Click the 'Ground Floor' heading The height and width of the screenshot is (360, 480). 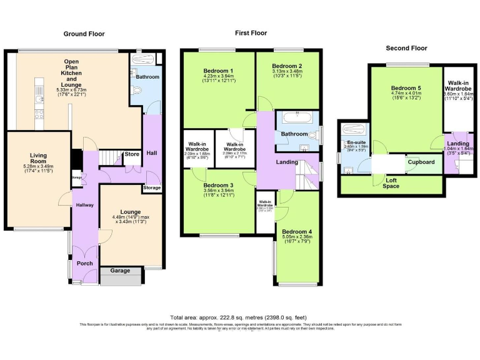pos(84,34)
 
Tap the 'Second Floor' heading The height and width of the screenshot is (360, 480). pos(406,47)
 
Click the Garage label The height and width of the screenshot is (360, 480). pos(120,271)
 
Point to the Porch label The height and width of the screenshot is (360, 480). pos(84,263)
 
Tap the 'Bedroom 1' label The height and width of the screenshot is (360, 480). pos(218,71)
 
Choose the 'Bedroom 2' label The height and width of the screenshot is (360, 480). pos(287,66)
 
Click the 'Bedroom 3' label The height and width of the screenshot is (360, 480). pos(218,185)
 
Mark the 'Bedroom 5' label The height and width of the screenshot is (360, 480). pos(406,88)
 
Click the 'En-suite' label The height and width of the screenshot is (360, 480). pos(354,142)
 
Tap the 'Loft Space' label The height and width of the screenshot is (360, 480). pos(391,182)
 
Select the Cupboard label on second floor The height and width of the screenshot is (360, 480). pos(421,162)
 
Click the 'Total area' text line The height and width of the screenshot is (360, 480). pos(239,317)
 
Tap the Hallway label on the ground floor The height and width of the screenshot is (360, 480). pos(84,205)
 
